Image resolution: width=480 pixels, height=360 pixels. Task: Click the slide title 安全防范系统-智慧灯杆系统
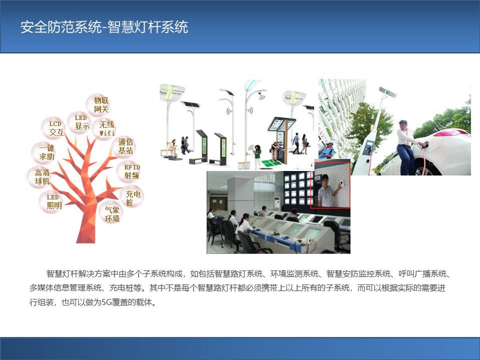pyautogui.click(x=104, y=27)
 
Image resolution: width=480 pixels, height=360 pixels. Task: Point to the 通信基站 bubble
pyautogui.click(x=125, y=146)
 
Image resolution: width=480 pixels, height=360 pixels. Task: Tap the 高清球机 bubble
pyautogui.click(x=42, y=177)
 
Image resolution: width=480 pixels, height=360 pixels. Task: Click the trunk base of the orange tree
pyautogui.click(x=86, y=235)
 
